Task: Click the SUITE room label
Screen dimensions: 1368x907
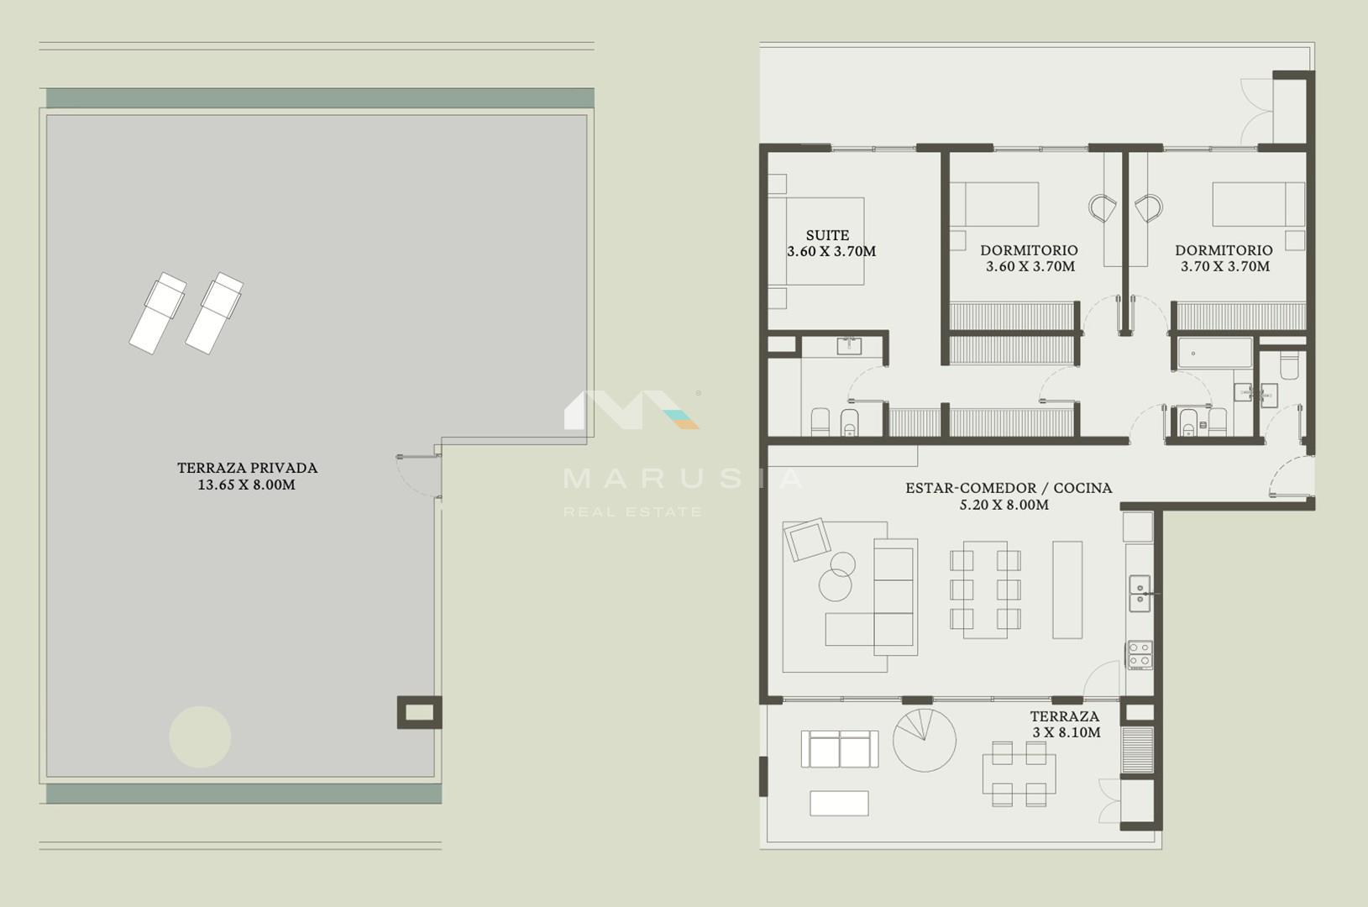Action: pos(827,235)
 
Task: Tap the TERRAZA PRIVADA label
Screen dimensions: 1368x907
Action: pos(248,468)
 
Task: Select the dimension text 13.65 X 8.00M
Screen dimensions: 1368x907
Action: pos(247,485)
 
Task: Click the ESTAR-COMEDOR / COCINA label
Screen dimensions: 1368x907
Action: pos(1009,488)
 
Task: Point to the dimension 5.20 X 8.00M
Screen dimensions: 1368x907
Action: pos(1004,505)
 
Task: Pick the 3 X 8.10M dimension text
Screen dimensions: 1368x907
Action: pos(1067,732)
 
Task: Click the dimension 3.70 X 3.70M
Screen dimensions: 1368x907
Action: pos(1225,266)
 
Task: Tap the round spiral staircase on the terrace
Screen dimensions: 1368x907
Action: pos(925,740)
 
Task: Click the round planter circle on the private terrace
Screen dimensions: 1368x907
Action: pos(201,737)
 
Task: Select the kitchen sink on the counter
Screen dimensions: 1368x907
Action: pos(1140,593)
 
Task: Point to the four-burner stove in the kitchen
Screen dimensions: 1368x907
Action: pos(1140,655)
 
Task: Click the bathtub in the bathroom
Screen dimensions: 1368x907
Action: pos(1215,353)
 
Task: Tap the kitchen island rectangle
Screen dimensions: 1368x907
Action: pos(1067,590)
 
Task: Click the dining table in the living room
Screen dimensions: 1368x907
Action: pos(985,590)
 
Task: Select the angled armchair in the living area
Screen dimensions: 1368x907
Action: pos(807,539)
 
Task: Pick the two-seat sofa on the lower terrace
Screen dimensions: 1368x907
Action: pos(840,749)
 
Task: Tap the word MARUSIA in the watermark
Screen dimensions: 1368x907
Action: pos(683,479)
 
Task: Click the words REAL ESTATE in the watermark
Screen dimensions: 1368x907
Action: pos(632,511)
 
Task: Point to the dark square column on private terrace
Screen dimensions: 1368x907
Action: pos(420,712)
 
